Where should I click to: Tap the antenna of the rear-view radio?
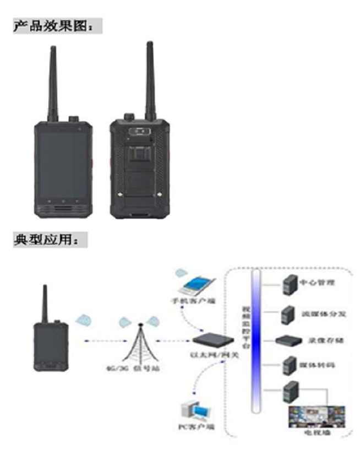click(x=149, y=77)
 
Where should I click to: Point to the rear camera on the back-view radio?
click(x=139, y=132)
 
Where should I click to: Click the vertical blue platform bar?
click(x=254, y=341)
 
